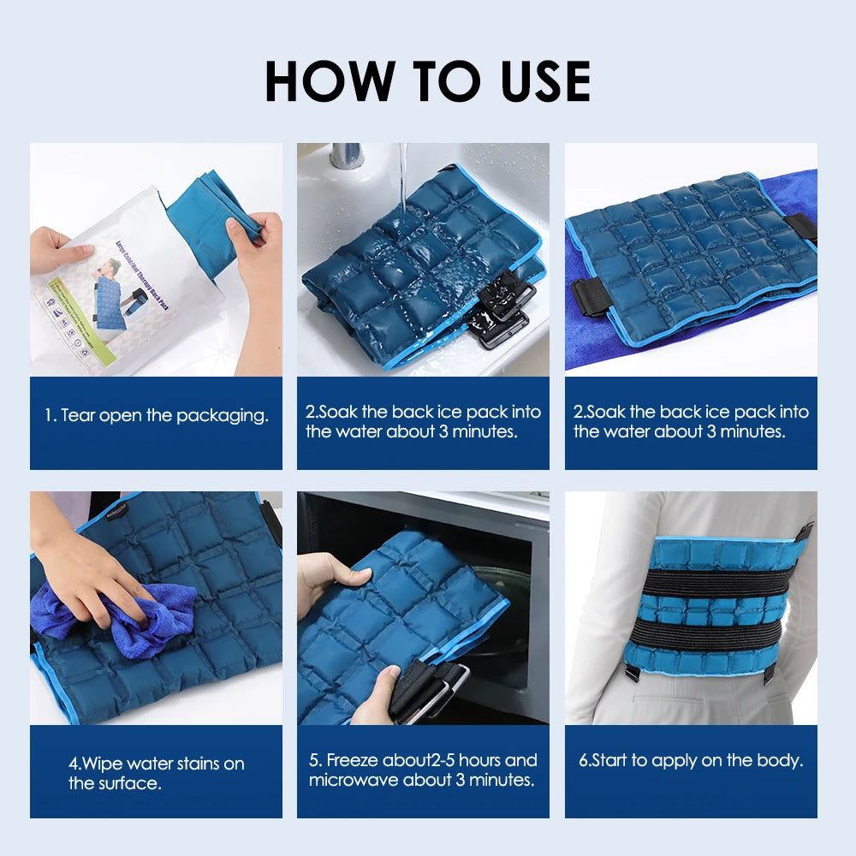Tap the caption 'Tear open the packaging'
[156, 416]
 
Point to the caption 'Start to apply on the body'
[690, 760]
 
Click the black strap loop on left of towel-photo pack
[591, 297]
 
